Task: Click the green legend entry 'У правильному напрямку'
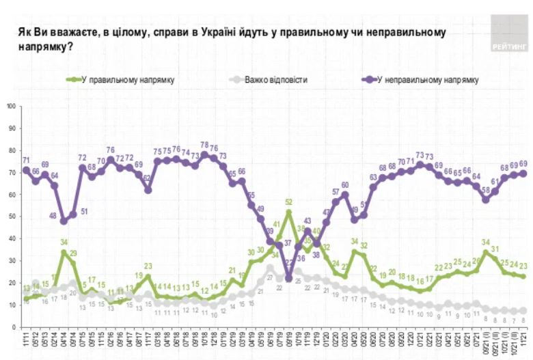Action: pos(128,80)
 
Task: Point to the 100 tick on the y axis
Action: pos(11,107)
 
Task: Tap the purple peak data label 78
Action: pos(204,146)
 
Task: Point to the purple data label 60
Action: pos(346,185)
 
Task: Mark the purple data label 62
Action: pos(148,180)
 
